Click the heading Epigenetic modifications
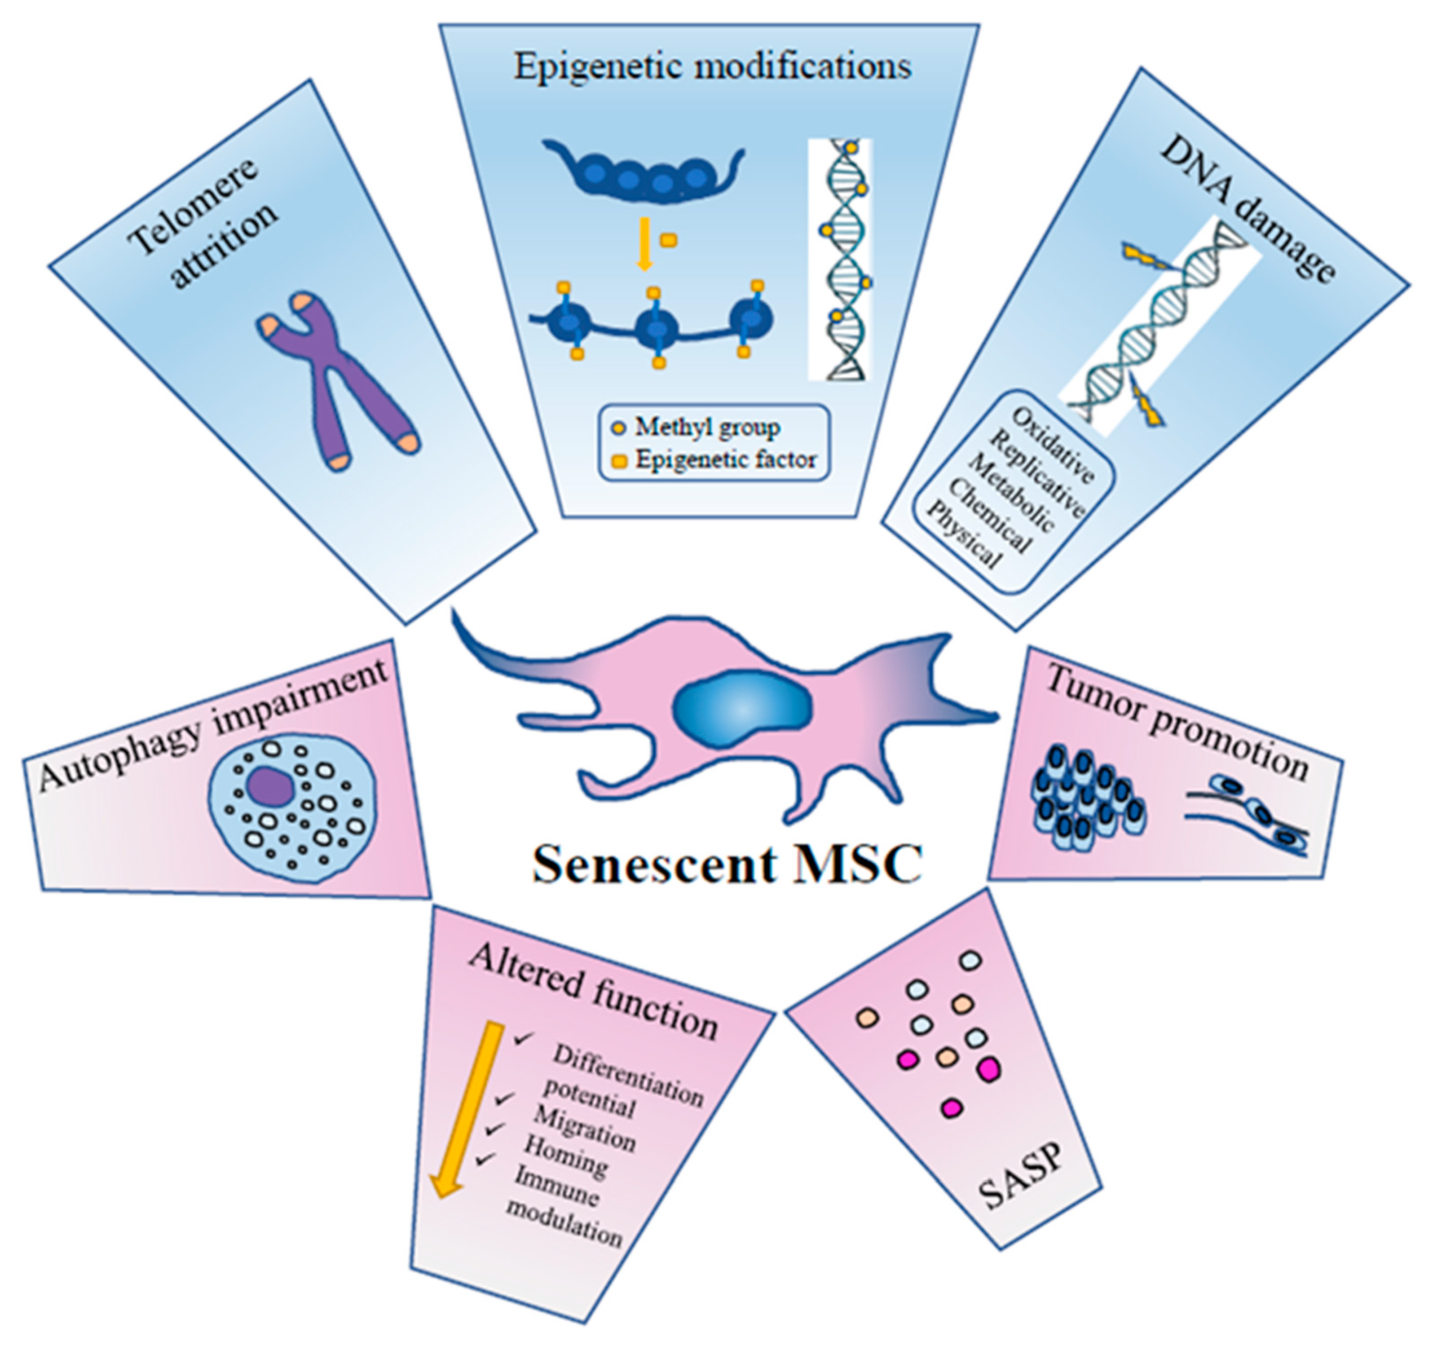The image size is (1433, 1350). (712, 67)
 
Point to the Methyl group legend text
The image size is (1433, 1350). (706, 428)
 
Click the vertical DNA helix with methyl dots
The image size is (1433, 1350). (842, 260)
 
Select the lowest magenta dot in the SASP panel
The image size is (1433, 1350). (952, 1107)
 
